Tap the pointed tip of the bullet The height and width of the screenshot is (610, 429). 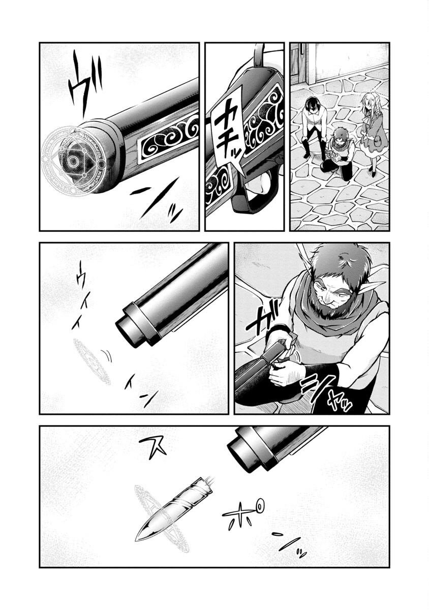(x=138, y=538)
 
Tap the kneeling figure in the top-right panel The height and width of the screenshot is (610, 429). (x=338, y=152)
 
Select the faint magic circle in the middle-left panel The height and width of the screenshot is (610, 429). (x=91, y=361)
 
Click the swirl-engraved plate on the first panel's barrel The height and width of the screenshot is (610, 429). (x=168, y=137)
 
